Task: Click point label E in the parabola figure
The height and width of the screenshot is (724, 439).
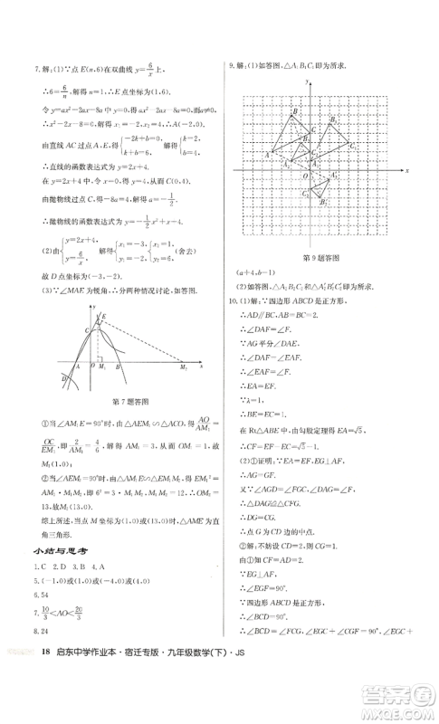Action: [x=105, y=315]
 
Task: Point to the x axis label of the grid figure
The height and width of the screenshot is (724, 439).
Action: [x=408, y=170]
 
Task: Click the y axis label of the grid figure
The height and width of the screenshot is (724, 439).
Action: [x=310, y=82]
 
